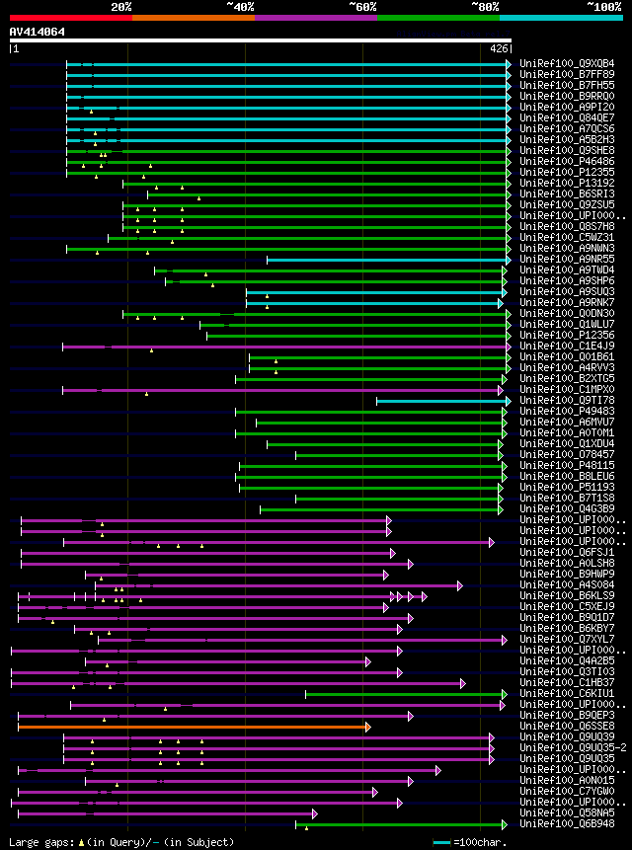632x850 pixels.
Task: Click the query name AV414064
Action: tap(38, 32)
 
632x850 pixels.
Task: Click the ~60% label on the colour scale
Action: tap(362, 6)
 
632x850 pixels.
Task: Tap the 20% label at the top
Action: tap(121, 6)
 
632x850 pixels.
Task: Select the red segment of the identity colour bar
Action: tap(70, 17)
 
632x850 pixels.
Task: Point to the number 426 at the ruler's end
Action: tap(499, 47)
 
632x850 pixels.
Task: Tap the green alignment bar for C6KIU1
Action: tap(405, 693)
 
